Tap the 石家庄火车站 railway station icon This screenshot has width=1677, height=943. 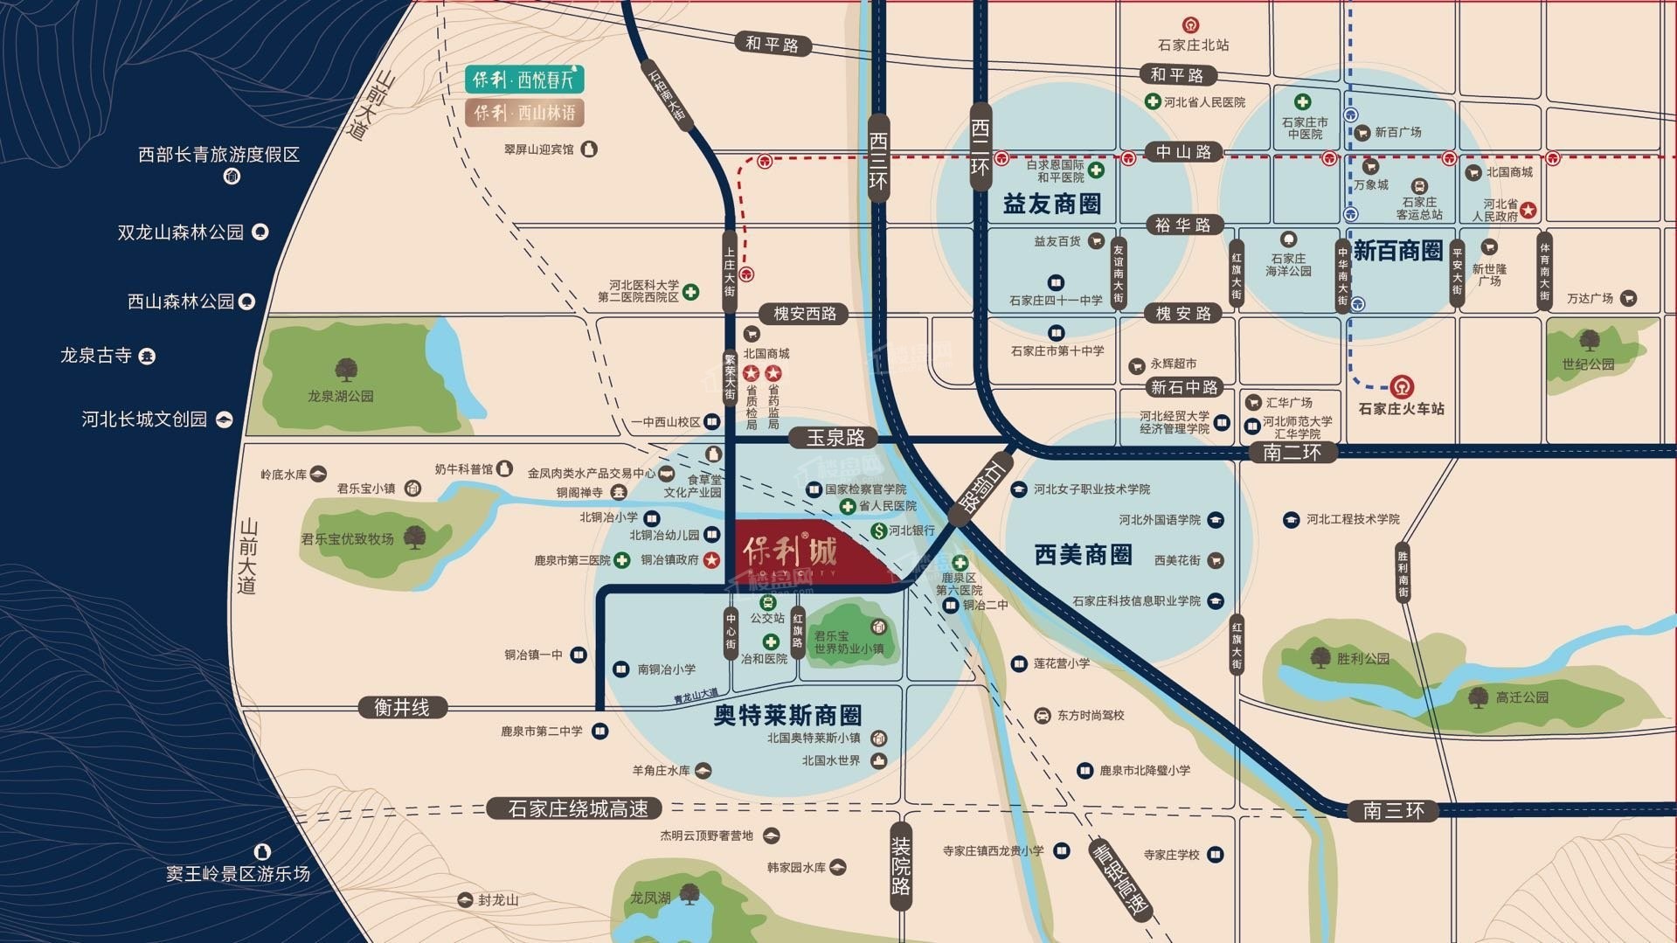1402,385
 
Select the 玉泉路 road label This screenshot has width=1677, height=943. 835,437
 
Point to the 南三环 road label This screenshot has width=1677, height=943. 1393,810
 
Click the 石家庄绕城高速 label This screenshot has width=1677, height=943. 577,808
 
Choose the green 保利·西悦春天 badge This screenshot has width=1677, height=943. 524,80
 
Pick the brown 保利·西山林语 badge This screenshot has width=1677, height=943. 524,113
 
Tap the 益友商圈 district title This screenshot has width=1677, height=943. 1051,205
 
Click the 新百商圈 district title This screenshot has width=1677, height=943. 1397,252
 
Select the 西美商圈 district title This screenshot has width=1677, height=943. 1083,555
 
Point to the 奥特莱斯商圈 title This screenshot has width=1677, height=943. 787,716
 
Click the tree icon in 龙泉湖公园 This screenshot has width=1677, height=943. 346,369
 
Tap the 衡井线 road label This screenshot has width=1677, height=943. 402,707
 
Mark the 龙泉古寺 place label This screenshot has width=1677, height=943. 96,356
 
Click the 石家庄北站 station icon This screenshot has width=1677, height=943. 1190,25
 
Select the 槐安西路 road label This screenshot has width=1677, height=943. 805,313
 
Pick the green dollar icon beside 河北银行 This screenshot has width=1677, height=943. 878,530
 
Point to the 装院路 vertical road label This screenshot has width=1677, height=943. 901,865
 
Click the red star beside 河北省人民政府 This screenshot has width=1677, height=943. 1528,210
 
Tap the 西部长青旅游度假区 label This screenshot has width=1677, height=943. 218,155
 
